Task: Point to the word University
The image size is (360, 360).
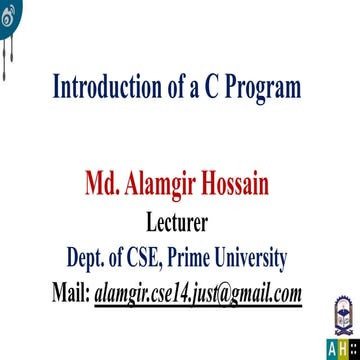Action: [256, 259]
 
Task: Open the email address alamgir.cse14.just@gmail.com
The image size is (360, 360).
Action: [198, 294]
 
